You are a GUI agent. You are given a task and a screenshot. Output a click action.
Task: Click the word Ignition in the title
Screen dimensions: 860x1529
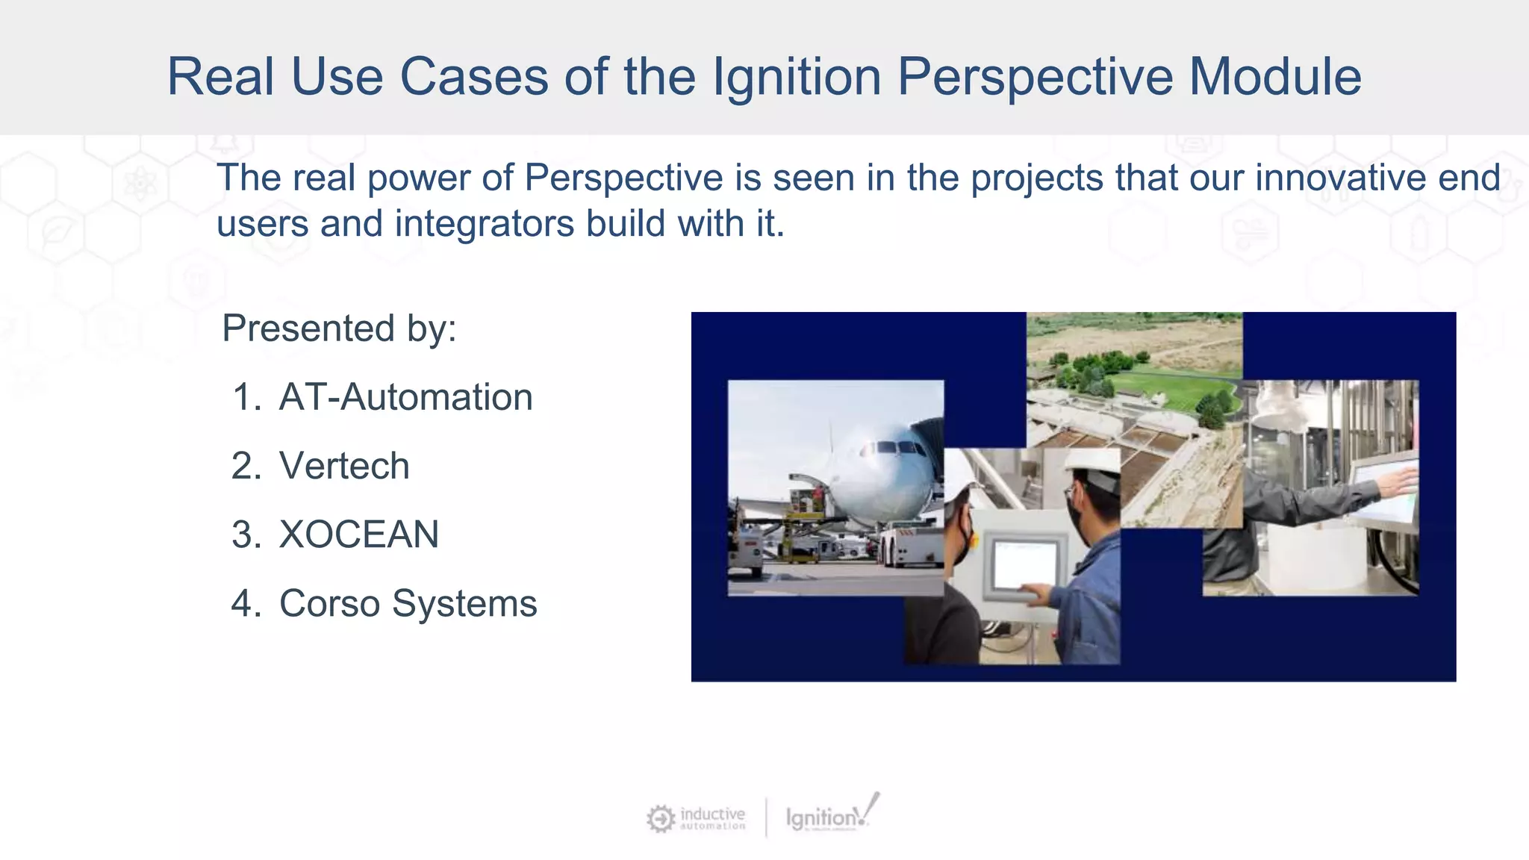[x=796, y=77]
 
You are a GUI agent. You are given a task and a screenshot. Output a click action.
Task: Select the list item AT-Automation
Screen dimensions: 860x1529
[x=405, y=396]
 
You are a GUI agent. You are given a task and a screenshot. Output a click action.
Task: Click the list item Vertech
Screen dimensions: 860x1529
[x=344, y=466]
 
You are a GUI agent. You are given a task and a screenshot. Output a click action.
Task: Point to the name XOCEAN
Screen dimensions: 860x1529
[x=358, y=535]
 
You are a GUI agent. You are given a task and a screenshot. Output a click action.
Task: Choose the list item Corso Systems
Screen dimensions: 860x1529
[x=408, y=603]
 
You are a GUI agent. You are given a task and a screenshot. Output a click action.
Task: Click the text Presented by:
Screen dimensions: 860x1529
[x=339, y=328]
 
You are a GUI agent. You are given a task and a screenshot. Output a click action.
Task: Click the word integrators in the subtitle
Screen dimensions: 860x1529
[x=484, y=223]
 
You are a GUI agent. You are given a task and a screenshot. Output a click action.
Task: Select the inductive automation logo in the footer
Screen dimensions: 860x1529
[x=696, y=818]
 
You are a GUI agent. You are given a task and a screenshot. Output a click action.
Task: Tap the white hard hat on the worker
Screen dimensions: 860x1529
[x=1092, y=468]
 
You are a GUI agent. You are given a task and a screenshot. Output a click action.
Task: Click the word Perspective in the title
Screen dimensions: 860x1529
[x=1033, y=77]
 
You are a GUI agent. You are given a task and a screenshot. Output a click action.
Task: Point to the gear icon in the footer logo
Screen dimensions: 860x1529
[x=660, y=819]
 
